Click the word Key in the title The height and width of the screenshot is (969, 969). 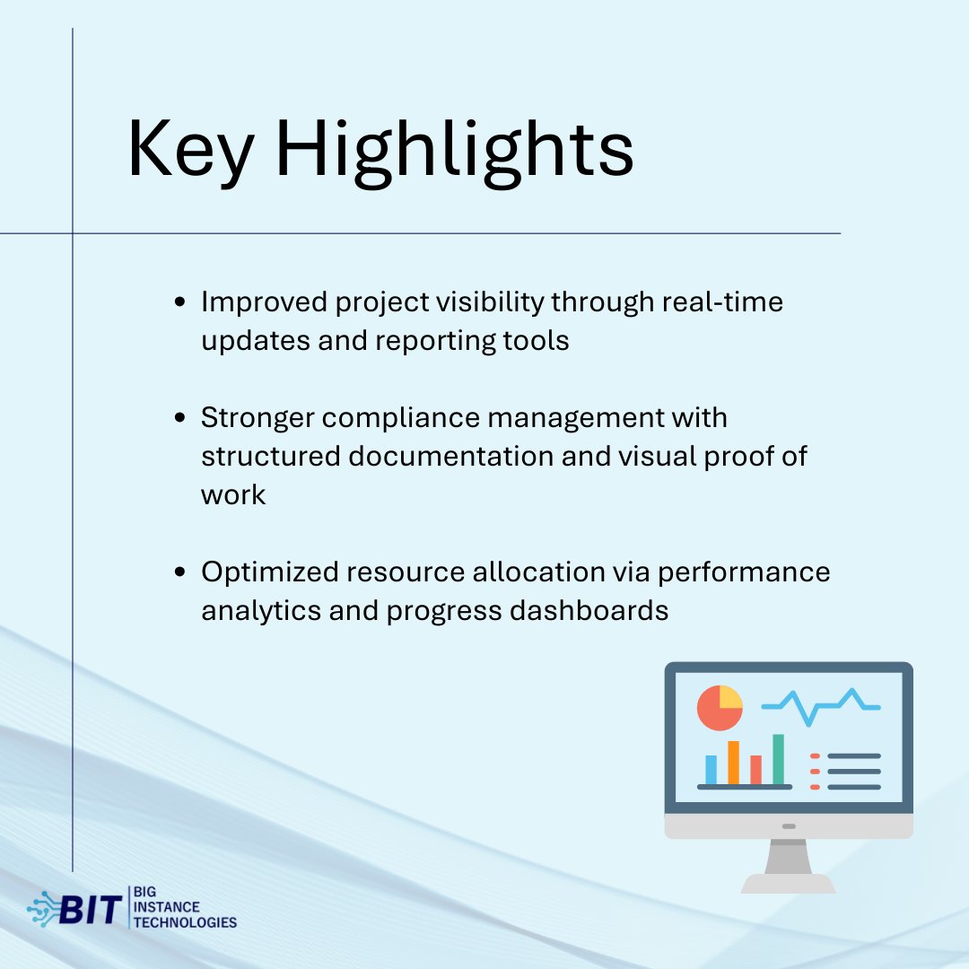coord(190,150)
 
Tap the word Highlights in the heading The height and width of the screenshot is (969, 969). coord(455,152)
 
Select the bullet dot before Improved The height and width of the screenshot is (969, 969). coord(179,302)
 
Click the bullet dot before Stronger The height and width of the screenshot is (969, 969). coord(179,418)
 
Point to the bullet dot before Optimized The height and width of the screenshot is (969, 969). coord(179,572)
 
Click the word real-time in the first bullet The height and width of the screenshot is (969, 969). coord(722,302)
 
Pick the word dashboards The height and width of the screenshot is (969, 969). coord(589,611)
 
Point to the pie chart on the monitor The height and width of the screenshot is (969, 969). coord(720,708)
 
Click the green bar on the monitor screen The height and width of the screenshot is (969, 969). coord(778,760)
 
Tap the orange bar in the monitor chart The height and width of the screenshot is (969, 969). coord(734,763)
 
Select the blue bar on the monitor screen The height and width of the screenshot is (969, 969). coord(711,770)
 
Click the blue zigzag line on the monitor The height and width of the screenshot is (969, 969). coord(821,707)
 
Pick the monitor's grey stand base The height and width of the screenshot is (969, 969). coord(788,884)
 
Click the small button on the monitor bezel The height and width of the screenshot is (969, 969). coord(789,826)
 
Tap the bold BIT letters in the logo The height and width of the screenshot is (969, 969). coord(91,910)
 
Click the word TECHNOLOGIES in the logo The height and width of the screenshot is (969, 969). coord(186,922)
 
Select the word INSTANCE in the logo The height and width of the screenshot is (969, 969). coord(167,907)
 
